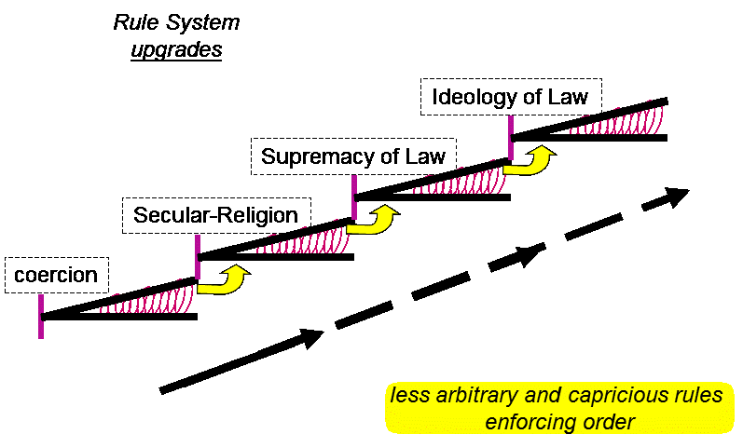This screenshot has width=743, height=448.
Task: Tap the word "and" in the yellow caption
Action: pos(518,396)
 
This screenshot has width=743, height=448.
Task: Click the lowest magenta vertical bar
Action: pos(41,317)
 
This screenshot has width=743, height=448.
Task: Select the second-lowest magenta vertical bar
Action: pos(198,257)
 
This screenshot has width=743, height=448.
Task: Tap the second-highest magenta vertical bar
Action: pos(354,197)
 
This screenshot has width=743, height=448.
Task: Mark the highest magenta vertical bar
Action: pos(511,138)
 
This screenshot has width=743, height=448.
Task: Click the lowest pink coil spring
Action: pos(147,298)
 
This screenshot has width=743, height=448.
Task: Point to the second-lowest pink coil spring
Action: pos(304,238)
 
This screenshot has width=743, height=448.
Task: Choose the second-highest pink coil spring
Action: pos(461,179)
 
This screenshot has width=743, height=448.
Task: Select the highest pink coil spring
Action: pos(617,118)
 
